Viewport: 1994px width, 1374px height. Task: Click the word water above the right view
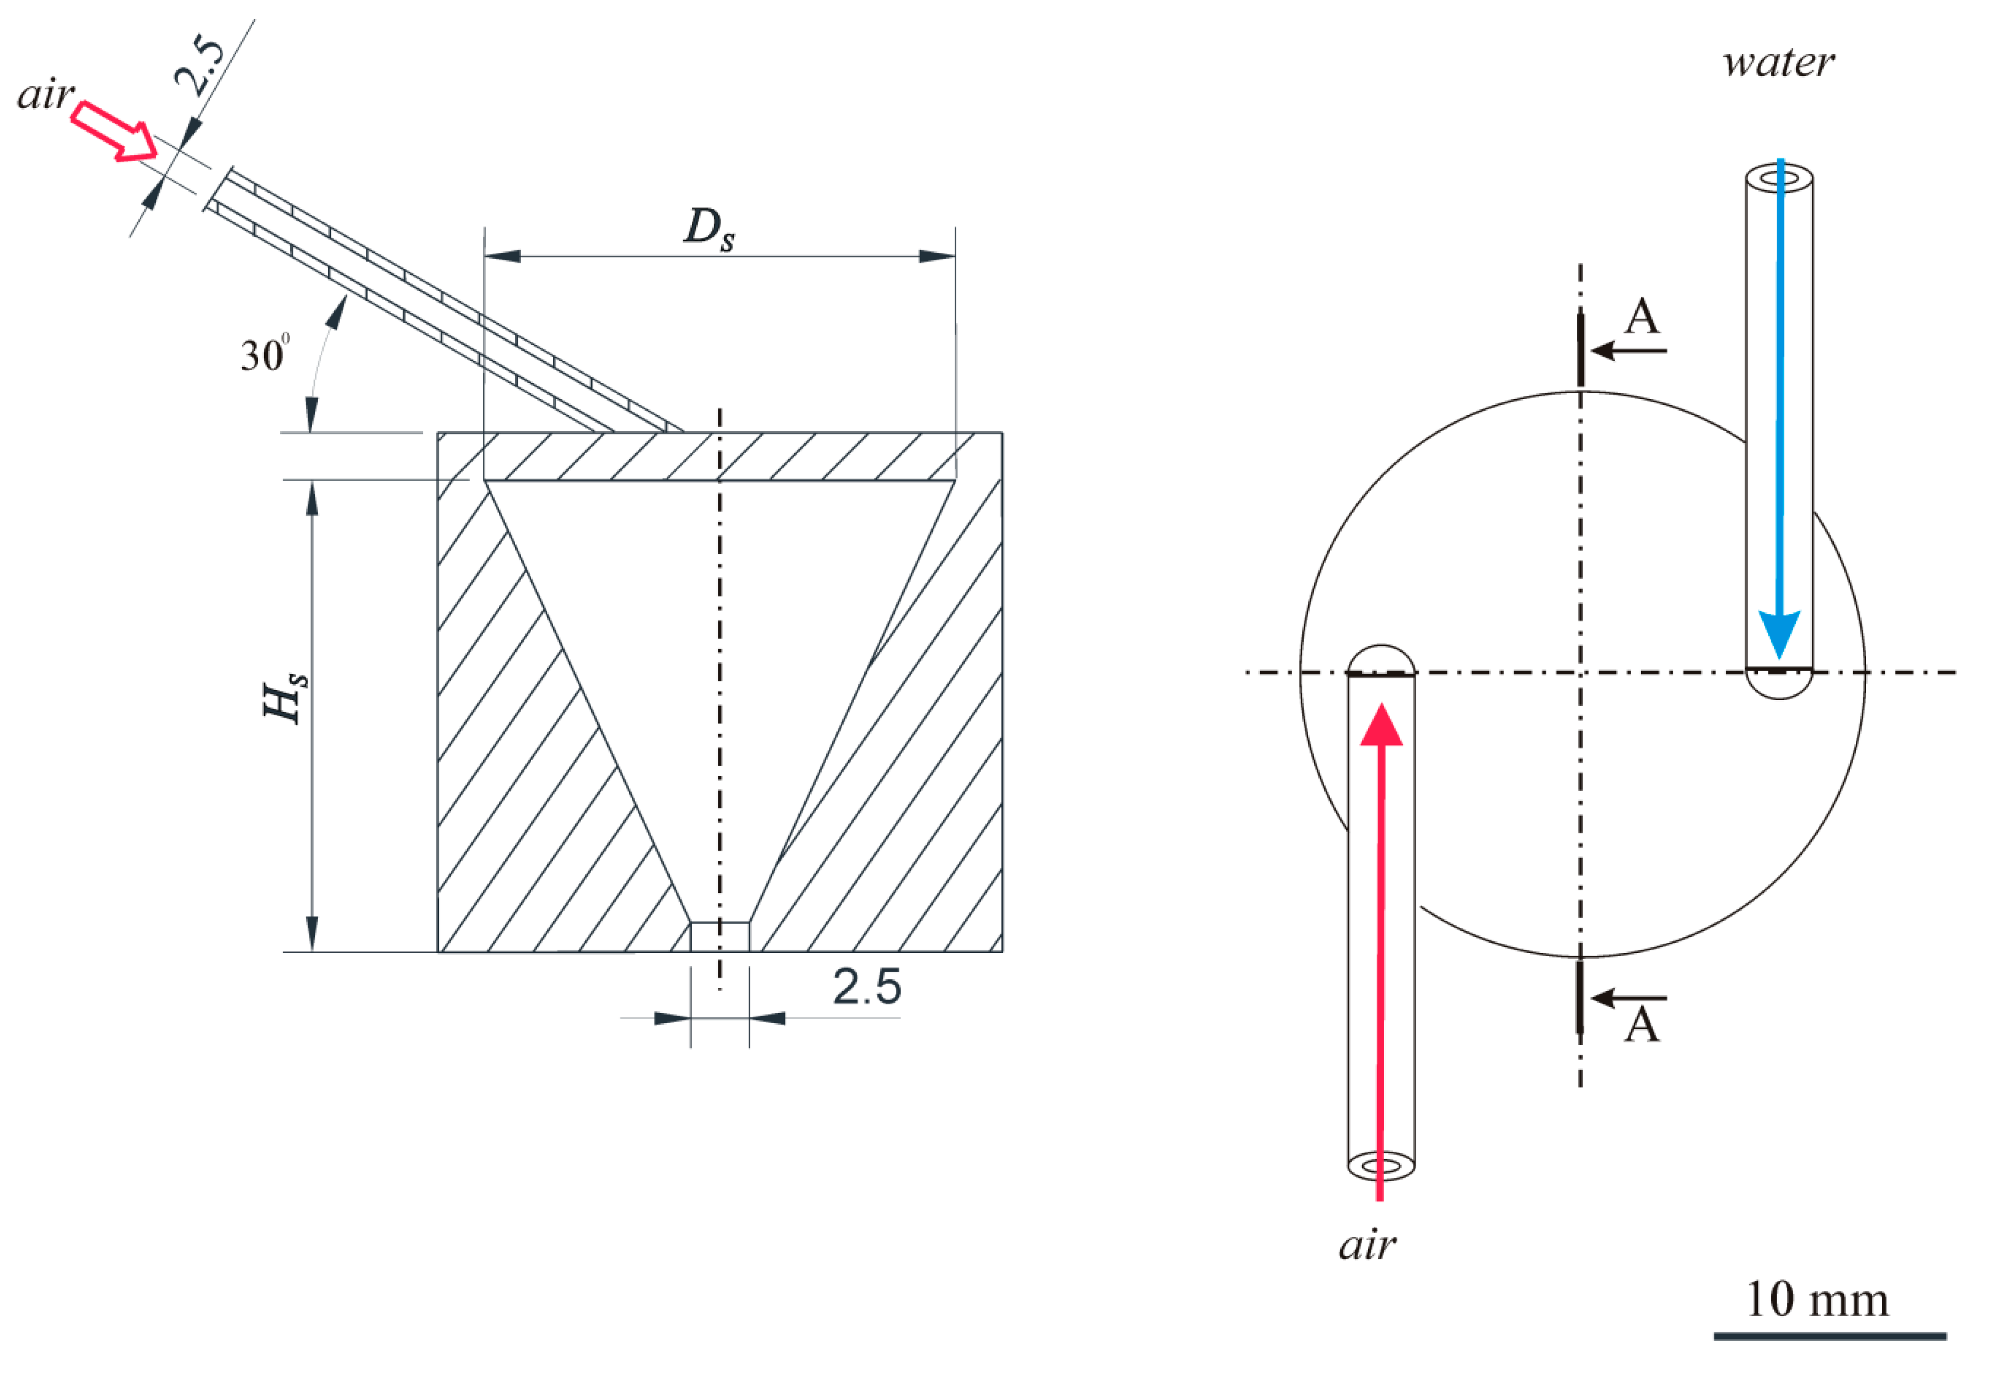[1779, 63]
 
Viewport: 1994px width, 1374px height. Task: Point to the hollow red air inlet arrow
[114, 131]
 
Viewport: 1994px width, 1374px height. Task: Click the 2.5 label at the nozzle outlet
[867, 987]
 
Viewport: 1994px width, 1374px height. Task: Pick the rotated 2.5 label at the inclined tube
[200, 66]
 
